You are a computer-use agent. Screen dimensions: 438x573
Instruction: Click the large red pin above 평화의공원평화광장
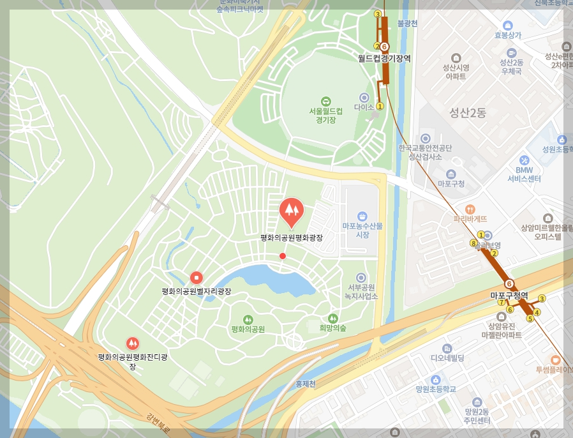click(292, 211)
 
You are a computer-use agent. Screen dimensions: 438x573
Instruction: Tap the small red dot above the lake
click(283, 256)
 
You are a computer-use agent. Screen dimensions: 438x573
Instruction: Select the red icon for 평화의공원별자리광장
click(197, 278)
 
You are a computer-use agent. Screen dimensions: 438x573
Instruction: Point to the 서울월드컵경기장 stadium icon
click(325, 101)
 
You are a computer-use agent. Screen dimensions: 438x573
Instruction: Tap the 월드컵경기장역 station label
click(383, 58)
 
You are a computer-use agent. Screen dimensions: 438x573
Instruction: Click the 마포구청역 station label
click(509, 296)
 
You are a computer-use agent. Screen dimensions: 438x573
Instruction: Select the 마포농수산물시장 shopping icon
click(362, 216)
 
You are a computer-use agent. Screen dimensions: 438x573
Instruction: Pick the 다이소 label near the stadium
click(364, 108)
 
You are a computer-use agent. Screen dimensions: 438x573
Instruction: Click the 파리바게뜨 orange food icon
click(470, 209)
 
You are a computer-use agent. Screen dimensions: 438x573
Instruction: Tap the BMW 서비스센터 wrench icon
click(525, 160)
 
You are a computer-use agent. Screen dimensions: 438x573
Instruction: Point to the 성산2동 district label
click(467, 114)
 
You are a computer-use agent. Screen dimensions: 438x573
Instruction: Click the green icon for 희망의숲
click(332, 318)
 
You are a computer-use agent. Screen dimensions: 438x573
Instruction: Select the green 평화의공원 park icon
click(248, 319)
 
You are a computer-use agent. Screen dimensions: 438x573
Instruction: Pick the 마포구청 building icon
click(451, 174)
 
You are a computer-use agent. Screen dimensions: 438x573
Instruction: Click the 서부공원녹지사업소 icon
click(362, 278)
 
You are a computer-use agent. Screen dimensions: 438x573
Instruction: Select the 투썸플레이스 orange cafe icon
click(554, 359)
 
